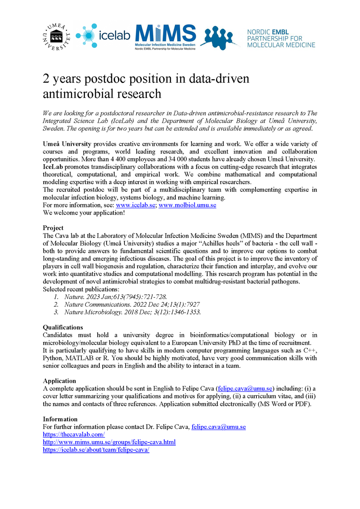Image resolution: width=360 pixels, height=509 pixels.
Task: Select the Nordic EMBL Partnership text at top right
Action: tap(281, 38)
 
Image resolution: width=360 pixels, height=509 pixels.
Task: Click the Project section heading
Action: tap(53, 228)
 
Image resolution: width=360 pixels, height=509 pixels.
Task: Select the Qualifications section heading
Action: tap(63, 327)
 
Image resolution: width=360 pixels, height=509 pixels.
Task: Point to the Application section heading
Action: tap(59, 381)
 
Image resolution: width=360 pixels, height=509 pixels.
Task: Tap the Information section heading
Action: tap(60, 419)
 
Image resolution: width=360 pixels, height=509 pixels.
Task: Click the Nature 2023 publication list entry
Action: tap(115, 296)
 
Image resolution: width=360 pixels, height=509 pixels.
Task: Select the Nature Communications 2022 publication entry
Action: tap(132, 304)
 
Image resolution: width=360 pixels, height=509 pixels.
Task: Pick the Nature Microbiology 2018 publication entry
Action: tap(132, 312)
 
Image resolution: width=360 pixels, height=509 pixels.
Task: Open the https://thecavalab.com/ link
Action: tap(73, 434)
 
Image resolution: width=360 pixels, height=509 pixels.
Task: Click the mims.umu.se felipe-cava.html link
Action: tap(109, 442)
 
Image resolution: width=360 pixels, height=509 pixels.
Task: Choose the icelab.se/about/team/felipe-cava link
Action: tap(96, 450)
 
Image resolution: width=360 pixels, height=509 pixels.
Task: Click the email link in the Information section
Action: tap(218, 427)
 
